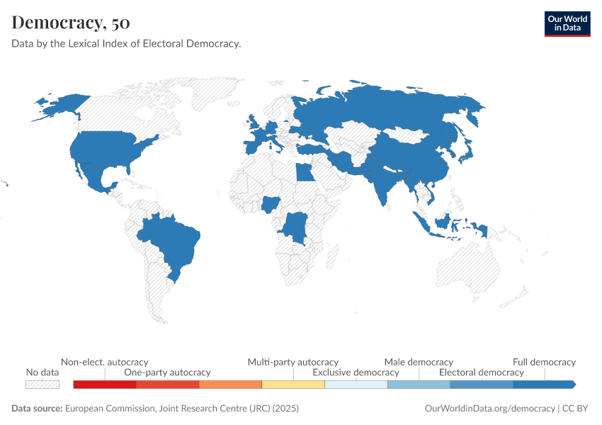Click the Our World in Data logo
point(567,23)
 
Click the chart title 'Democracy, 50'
point(71,22)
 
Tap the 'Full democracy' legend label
point(544,362)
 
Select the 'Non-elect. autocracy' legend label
point(105,362)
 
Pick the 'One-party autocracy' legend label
point(167,372)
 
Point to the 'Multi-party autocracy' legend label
point(293,362)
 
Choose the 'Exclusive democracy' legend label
point(356,372)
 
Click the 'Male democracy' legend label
point(419,362)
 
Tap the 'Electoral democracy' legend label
point(482,372)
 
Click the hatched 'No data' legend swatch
point(42,385)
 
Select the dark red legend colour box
point(104,385)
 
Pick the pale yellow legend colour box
point(293,385)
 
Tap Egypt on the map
point(305,172)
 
